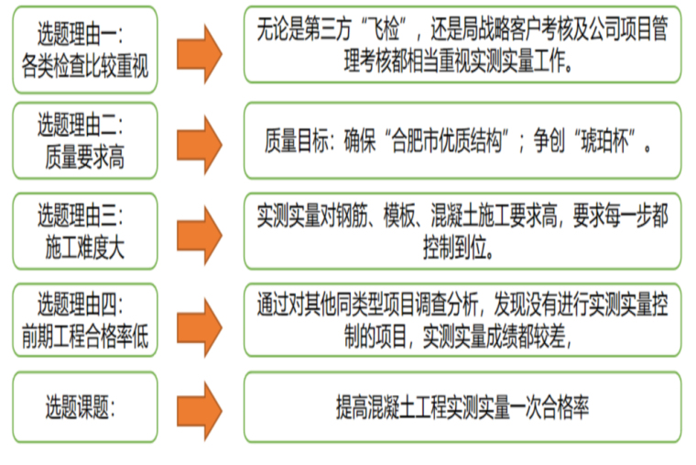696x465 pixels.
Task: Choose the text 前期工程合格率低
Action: tap(85, 338)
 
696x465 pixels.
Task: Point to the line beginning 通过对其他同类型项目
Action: tap(462, 305)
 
